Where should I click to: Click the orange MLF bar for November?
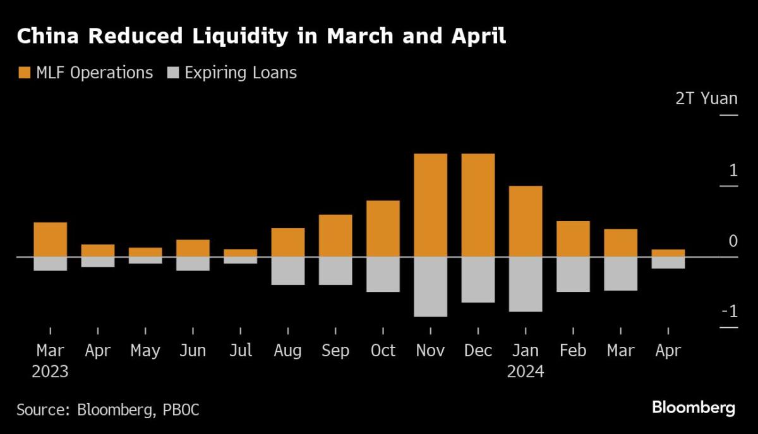click(x=430, y=205)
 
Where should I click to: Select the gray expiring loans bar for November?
click(x=430, y=286)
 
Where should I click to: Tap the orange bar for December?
click(x=478, y=205)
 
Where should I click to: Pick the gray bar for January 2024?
click(x=526, y=284)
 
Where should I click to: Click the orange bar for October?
click(x=383, y=228)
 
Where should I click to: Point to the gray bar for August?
click(x=288, y=270)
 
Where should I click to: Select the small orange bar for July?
click(x=241, y=253)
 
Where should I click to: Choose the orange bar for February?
click(x=573, y=238)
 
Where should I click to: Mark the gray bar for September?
click(x=335, y=270)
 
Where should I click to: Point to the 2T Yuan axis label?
click(x=706, y=99)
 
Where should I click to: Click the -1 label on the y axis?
click(x=729, y=311)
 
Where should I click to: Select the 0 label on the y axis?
click(x=733, y=241)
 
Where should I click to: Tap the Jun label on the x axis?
click(x=193, y=351)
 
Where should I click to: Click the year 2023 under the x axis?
click(x=50, y=371)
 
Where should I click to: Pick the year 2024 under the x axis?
click(x=526, y=371)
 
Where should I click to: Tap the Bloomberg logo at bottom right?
click(x=693, y=407)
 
